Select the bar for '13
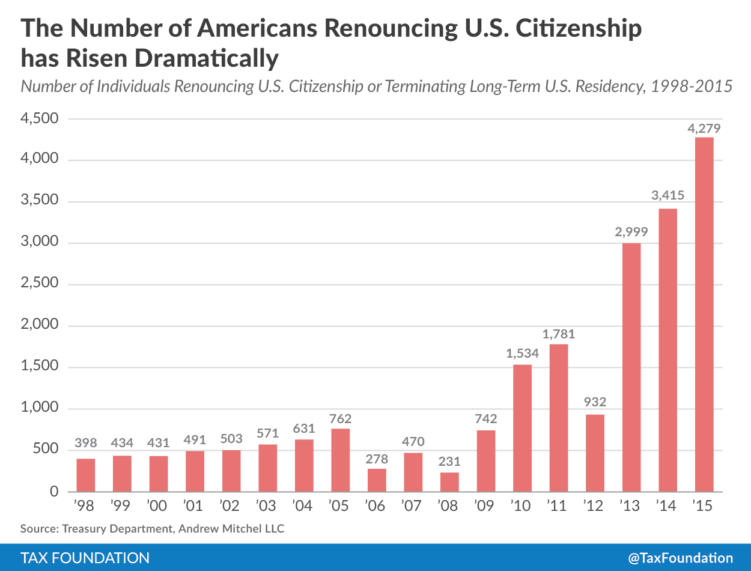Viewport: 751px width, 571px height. pos(631,367)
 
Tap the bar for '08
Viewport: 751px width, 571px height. pos(449,482)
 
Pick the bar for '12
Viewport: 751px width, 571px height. pos(595,453)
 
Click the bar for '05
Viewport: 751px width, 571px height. pos(340,460)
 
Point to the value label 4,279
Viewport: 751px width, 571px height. pos(704,128)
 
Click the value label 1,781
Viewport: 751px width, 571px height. pos(559,334)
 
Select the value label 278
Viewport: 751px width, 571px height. pos(376,459)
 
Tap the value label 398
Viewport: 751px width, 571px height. pos(86,443)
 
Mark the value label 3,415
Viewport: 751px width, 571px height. pos(667,195)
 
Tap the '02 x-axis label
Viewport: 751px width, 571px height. pos(231,506)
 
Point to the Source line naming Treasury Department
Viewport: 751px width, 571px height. pos(152,530)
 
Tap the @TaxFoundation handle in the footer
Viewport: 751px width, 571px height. pos(681,558)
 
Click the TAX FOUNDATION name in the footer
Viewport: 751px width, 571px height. pos(85,558)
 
